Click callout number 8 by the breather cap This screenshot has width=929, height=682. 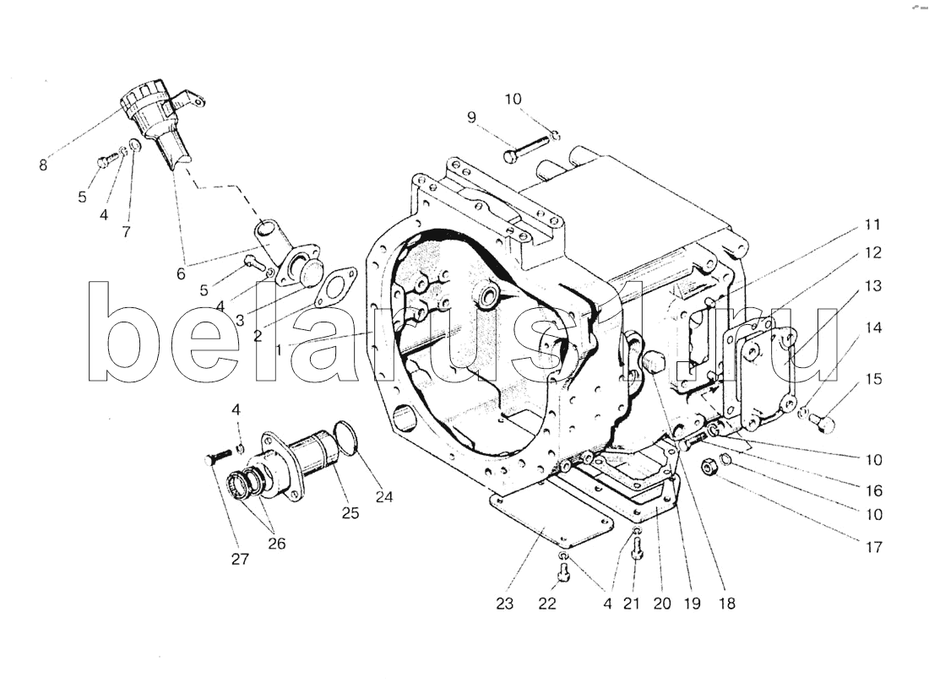click(x=43, y=165)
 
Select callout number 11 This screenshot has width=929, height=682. click(x=872, y=225)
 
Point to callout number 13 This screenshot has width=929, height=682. click(x=872, y=286)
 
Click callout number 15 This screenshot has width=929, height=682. click(x=873, y=379)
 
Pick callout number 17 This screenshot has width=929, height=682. click(x=873, y=547)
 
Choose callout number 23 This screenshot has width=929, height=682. click(x=505, y=604)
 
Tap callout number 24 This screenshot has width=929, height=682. click(x=385, y=497)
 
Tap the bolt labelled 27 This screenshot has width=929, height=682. click(x=217, y=457)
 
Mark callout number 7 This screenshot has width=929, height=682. click(x=126, y=232)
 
